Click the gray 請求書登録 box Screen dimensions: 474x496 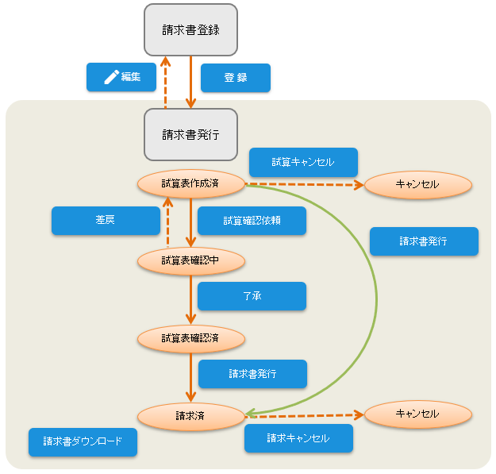coord(190,30)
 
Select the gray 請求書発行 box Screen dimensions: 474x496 coord(190,134)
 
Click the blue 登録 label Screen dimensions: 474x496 coord(236,78)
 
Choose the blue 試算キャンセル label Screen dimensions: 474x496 coord(303,162)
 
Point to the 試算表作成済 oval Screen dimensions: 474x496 coord(190,183)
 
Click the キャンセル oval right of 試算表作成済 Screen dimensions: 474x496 coord(417,184)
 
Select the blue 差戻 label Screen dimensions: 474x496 coord(106,220)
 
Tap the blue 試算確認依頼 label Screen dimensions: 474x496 coord(252,220)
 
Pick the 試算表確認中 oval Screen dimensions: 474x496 coord(190,260)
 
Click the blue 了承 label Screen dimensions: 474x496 coord(252,296)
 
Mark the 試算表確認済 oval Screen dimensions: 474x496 coord(190,337)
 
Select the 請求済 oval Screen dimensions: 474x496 coord(190,414)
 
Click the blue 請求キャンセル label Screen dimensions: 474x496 coord(298,437)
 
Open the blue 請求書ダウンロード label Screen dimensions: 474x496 coord(83,441)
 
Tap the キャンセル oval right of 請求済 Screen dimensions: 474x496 coord(417,414)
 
